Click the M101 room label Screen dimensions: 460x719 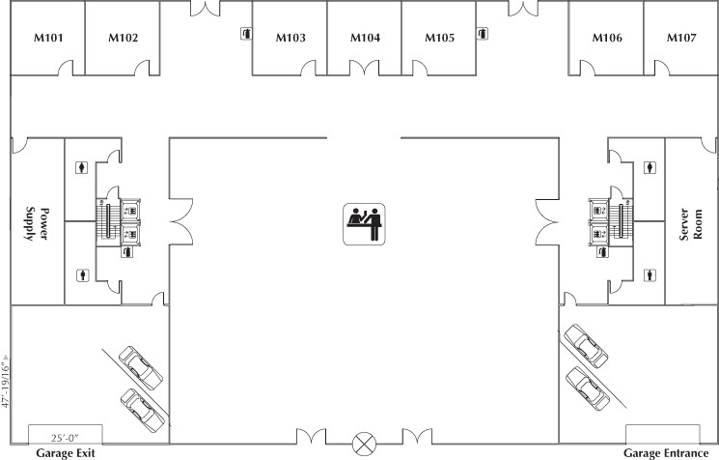pos(47,39)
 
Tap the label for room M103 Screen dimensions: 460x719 pos(290,39)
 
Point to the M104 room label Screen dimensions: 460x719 pos(364,39)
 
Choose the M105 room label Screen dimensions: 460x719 pos(439,39)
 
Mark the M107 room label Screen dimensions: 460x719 pos(681,39)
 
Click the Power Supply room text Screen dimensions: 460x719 pos(37,221)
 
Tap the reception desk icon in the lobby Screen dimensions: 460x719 pos(364,220)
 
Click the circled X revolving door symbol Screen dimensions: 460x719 pos(364,444)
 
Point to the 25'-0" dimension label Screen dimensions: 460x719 pos(65,438)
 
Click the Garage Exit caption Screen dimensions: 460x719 pos(66,452)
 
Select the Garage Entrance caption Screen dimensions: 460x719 pos(668,452)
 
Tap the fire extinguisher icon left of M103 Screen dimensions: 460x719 pos(246,34)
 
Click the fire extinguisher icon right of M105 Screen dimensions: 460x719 pos(482,34)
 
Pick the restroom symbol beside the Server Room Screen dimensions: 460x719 pos(656,167)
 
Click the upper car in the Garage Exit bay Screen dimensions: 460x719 pos(140,366)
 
